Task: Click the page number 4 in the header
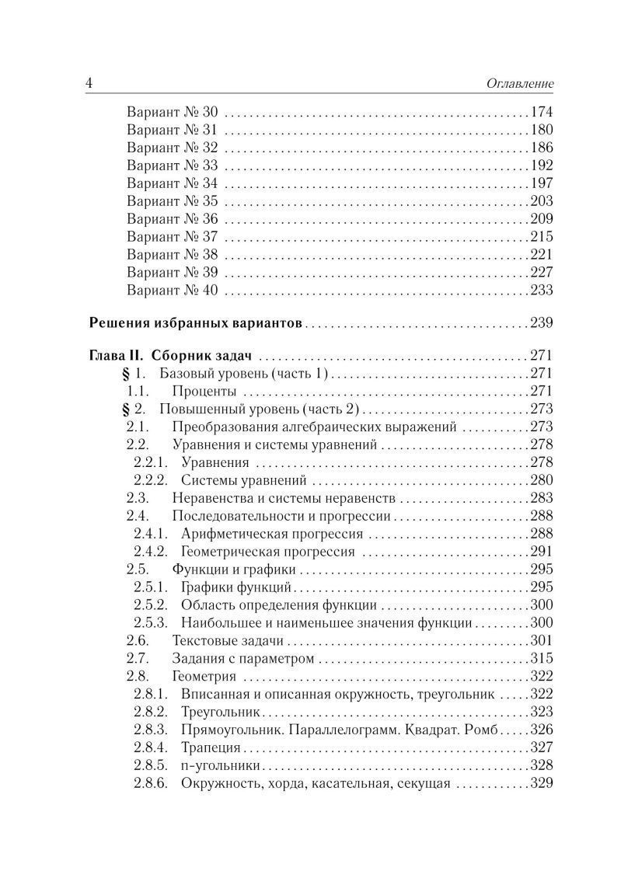coord(89,82)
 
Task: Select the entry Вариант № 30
coord(172,112)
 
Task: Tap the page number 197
coord(541,183)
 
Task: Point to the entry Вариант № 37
coord(172,237)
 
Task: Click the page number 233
coord(541,291)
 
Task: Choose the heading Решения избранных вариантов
coord(197,322)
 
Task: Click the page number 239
coord(541,322)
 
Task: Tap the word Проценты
coord(204,390)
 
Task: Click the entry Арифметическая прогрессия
coord(272,534)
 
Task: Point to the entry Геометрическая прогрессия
coord(267,552)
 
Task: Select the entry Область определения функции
coord(279,604)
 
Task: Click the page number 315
coord(541,658)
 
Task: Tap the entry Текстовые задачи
coord(227,640)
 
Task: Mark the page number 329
coord(541,783)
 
